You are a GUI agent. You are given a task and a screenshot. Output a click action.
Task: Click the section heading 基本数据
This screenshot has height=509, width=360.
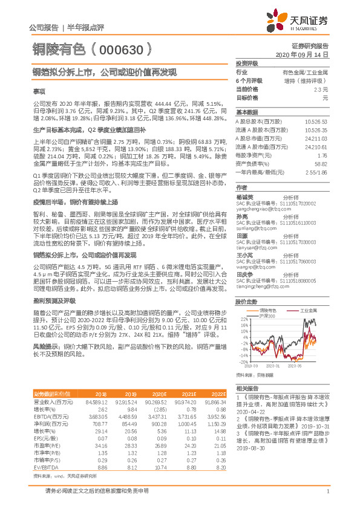click(x=247, y=112)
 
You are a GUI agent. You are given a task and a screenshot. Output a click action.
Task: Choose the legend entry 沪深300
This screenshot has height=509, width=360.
click(x=267, y=316)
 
